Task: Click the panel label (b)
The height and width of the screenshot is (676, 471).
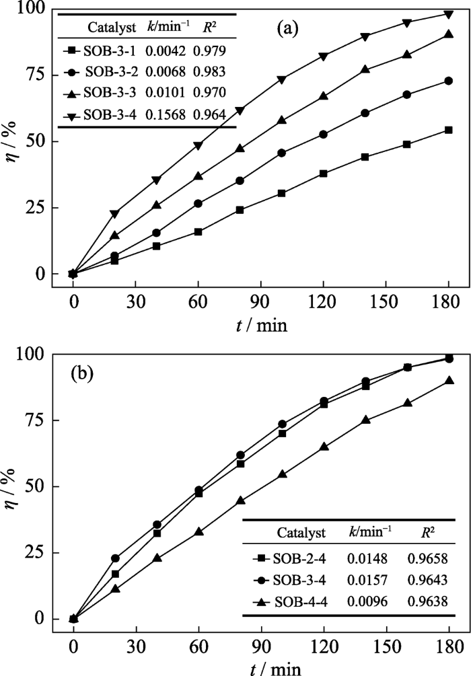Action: coord(87,373)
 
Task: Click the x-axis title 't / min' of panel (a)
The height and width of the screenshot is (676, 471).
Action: coord(260,326)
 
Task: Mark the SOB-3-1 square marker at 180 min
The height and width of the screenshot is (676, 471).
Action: coord(447,130)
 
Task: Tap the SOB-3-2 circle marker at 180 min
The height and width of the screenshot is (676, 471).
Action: coord(447,81)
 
